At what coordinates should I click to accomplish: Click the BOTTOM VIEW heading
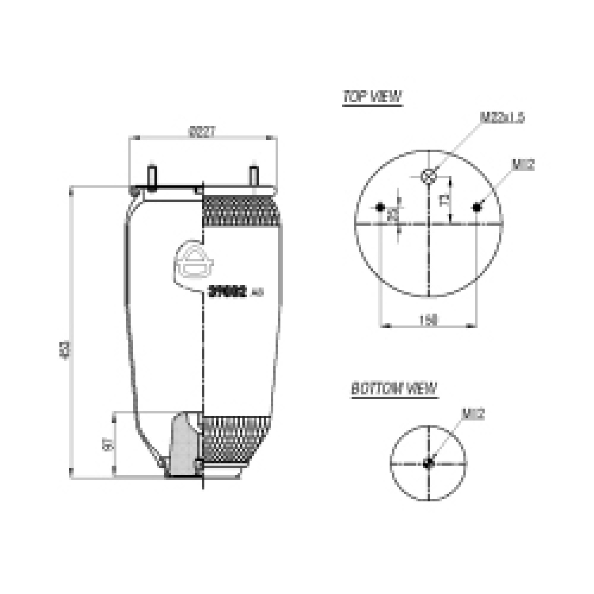point(394,390)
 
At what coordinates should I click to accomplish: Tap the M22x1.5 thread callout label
point(502,118)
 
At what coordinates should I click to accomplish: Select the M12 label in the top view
point(523,165)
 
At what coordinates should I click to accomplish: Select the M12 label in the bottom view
point(473,415)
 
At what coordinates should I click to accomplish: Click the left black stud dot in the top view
point(380,207)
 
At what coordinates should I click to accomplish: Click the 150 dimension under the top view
point(428,320)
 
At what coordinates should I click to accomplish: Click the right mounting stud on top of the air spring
point(254,176)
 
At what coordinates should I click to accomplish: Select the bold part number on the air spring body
point(228,291)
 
